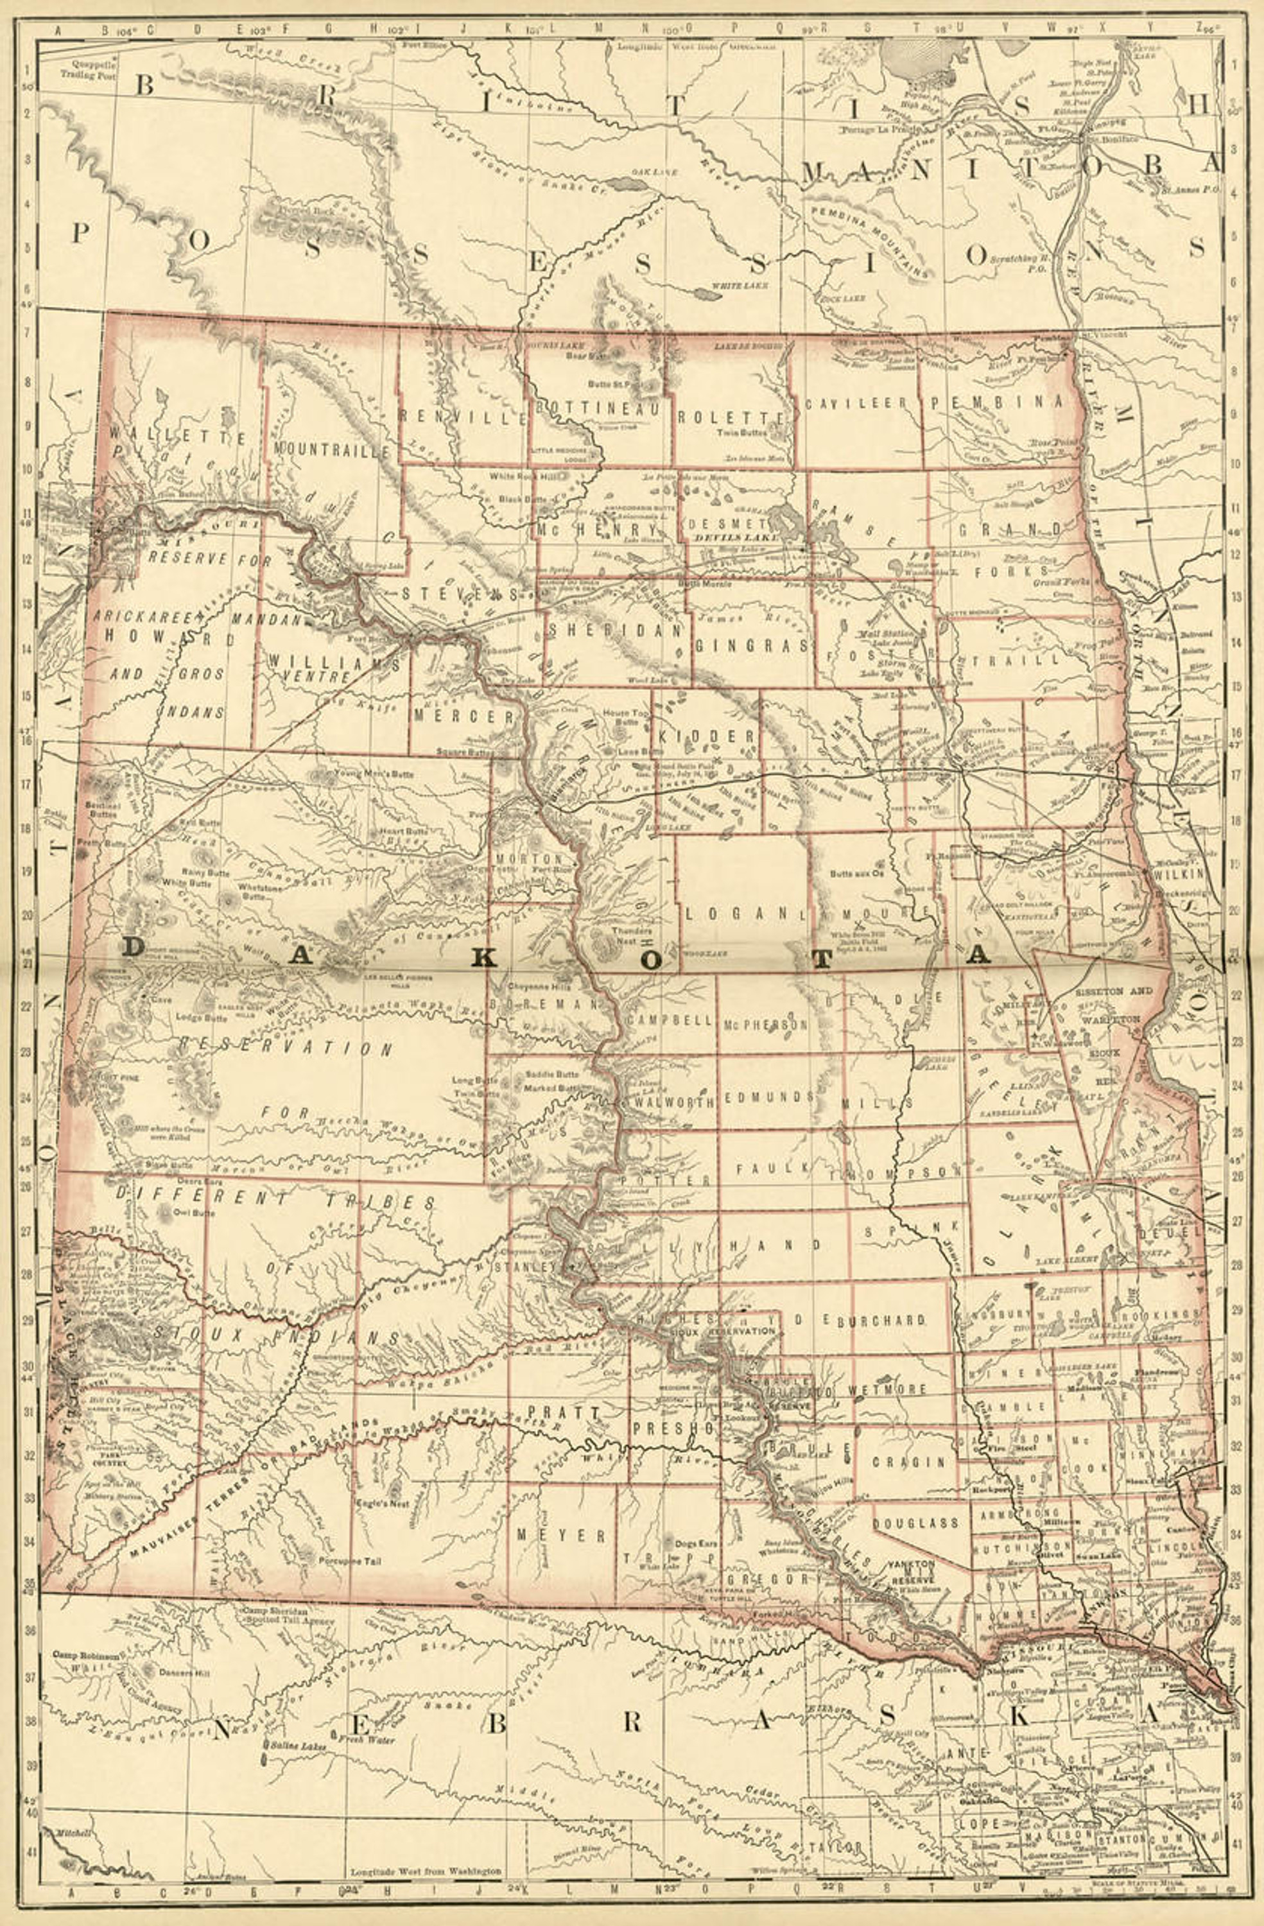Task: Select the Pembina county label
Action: [994, 401]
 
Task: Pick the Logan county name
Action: [736, 913]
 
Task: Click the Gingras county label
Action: [752, 646]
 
